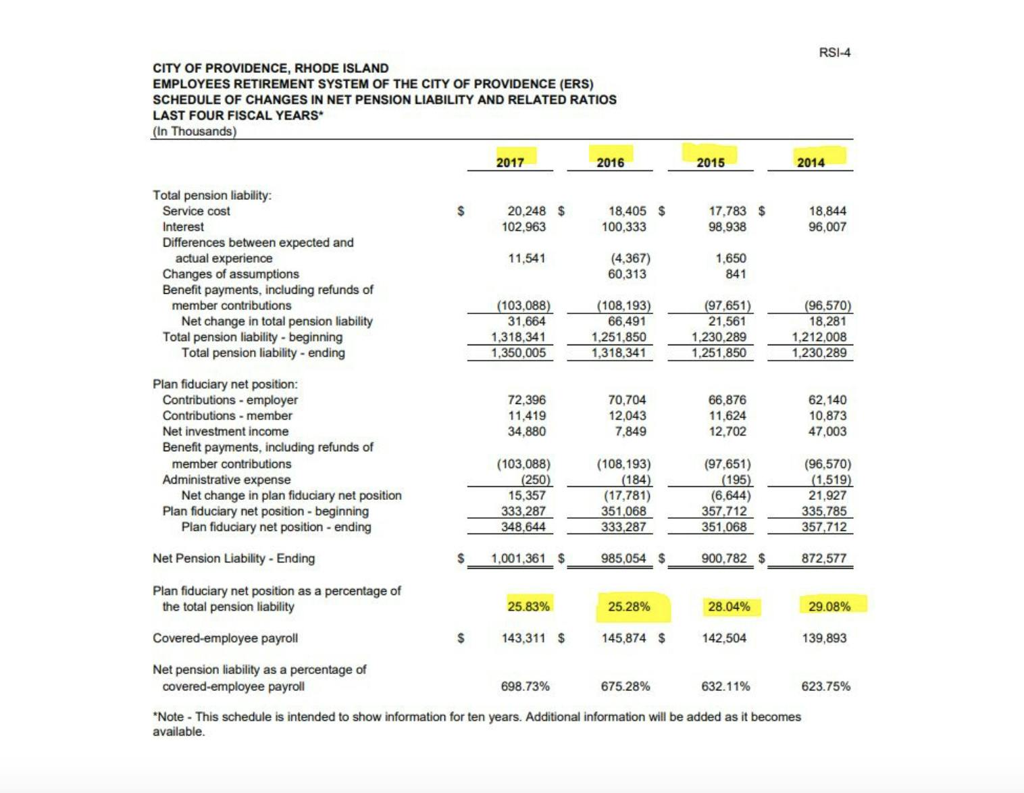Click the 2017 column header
[510, 162]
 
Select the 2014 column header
[811, 162]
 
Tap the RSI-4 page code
[835, 52]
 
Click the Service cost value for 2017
[526, 211]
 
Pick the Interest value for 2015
[727, 227]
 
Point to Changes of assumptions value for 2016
[627, 274]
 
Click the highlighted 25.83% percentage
[528, 606]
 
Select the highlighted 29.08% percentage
[829, 606]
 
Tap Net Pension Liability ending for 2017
[517, 558]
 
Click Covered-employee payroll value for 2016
[623, 638]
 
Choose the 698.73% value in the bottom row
[525, 686]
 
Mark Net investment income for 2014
[827, 431]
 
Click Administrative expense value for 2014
[831, 480]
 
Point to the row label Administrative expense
[226, 480]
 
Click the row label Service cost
[196, 211]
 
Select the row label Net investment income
[225, 431]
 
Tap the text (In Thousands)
[195, 131]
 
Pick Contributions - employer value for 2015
[727, 400]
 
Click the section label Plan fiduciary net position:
[225, 384]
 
